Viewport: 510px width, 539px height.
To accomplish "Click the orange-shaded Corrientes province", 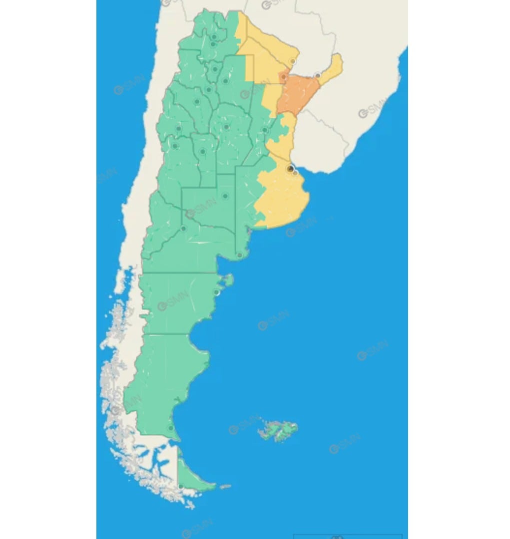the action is [298, 93].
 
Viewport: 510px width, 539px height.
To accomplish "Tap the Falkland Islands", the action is [279, 429].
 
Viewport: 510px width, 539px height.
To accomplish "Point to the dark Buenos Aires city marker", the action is [290, 169].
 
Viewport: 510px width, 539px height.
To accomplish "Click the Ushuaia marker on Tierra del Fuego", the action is [180, 486].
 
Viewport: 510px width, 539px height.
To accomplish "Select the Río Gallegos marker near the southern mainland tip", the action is [171, 428].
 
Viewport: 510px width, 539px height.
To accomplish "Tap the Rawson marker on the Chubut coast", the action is [216, 292].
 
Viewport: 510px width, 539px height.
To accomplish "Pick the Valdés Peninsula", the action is [227, 280].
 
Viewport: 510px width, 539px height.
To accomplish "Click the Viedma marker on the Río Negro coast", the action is [240, 256].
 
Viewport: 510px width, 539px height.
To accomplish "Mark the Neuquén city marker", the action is [184, 229].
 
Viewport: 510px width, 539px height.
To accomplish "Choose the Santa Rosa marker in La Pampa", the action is [225, 196].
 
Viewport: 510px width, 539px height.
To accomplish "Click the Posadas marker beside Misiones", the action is [317, 76].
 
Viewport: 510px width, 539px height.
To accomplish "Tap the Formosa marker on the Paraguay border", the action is [293, 61].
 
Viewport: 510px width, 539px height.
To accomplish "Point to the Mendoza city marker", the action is [175, 146].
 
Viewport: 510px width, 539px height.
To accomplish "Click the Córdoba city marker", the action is [226, 127].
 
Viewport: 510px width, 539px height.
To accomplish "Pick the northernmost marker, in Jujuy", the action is [214, 36].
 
